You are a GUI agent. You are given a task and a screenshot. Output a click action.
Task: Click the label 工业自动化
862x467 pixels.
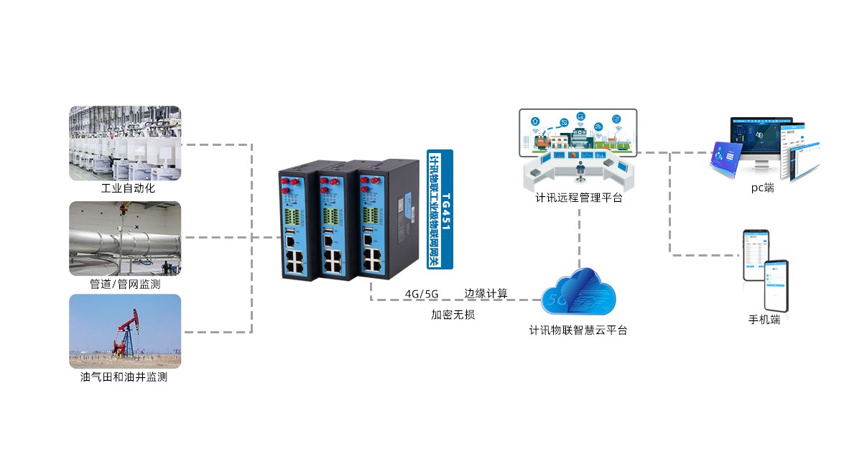128,189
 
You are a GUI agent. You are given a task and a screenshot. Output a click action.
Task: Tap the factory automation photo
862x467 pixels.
125,143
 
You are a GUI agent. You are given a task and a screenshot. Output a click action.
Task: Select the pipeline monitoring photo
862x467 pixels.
125,238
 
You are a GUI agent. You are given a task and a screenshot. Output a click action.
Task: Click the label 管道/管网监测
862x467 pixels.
125,285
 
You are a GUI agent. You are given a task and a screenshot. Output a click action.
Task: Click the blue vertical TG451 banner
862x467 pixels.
440,209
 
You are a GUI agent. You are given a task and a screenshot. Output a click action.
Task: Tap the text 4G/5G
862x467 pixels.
422,294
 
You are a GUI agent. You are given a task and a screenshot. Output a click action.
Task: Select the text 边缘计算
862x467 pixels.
486,293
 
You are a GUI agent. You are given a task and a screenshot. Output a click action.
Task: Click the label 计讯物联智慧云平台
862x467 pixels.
578,330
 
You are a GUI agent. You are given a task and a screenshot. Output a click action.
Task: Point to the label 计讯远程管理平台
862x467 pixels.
579,198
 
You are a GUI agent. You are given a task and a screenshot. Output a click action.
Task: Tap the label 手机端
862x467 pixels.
764,320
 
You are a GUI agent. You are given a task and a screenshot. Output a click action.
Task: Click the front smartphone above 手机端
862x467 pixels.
776,284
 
